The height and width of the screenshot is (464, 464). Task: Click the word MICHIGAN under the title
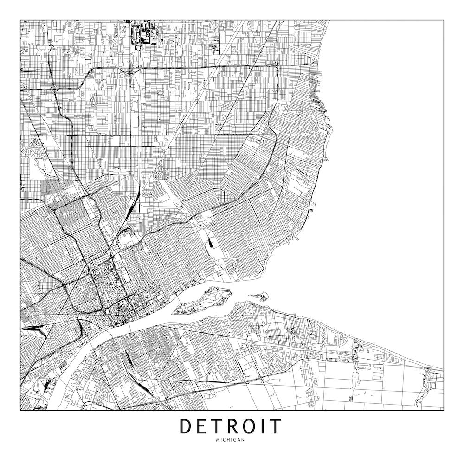[231, 440]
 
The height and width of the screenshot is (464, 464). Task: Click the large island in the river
[206, 299]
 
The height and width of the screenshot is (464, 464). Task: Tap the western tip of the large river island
[175, 311]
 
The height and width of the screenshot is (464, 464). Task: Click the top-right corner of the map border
[443, 20]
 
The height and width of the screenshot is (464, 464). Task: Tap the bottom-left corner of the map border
[20, 410]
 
